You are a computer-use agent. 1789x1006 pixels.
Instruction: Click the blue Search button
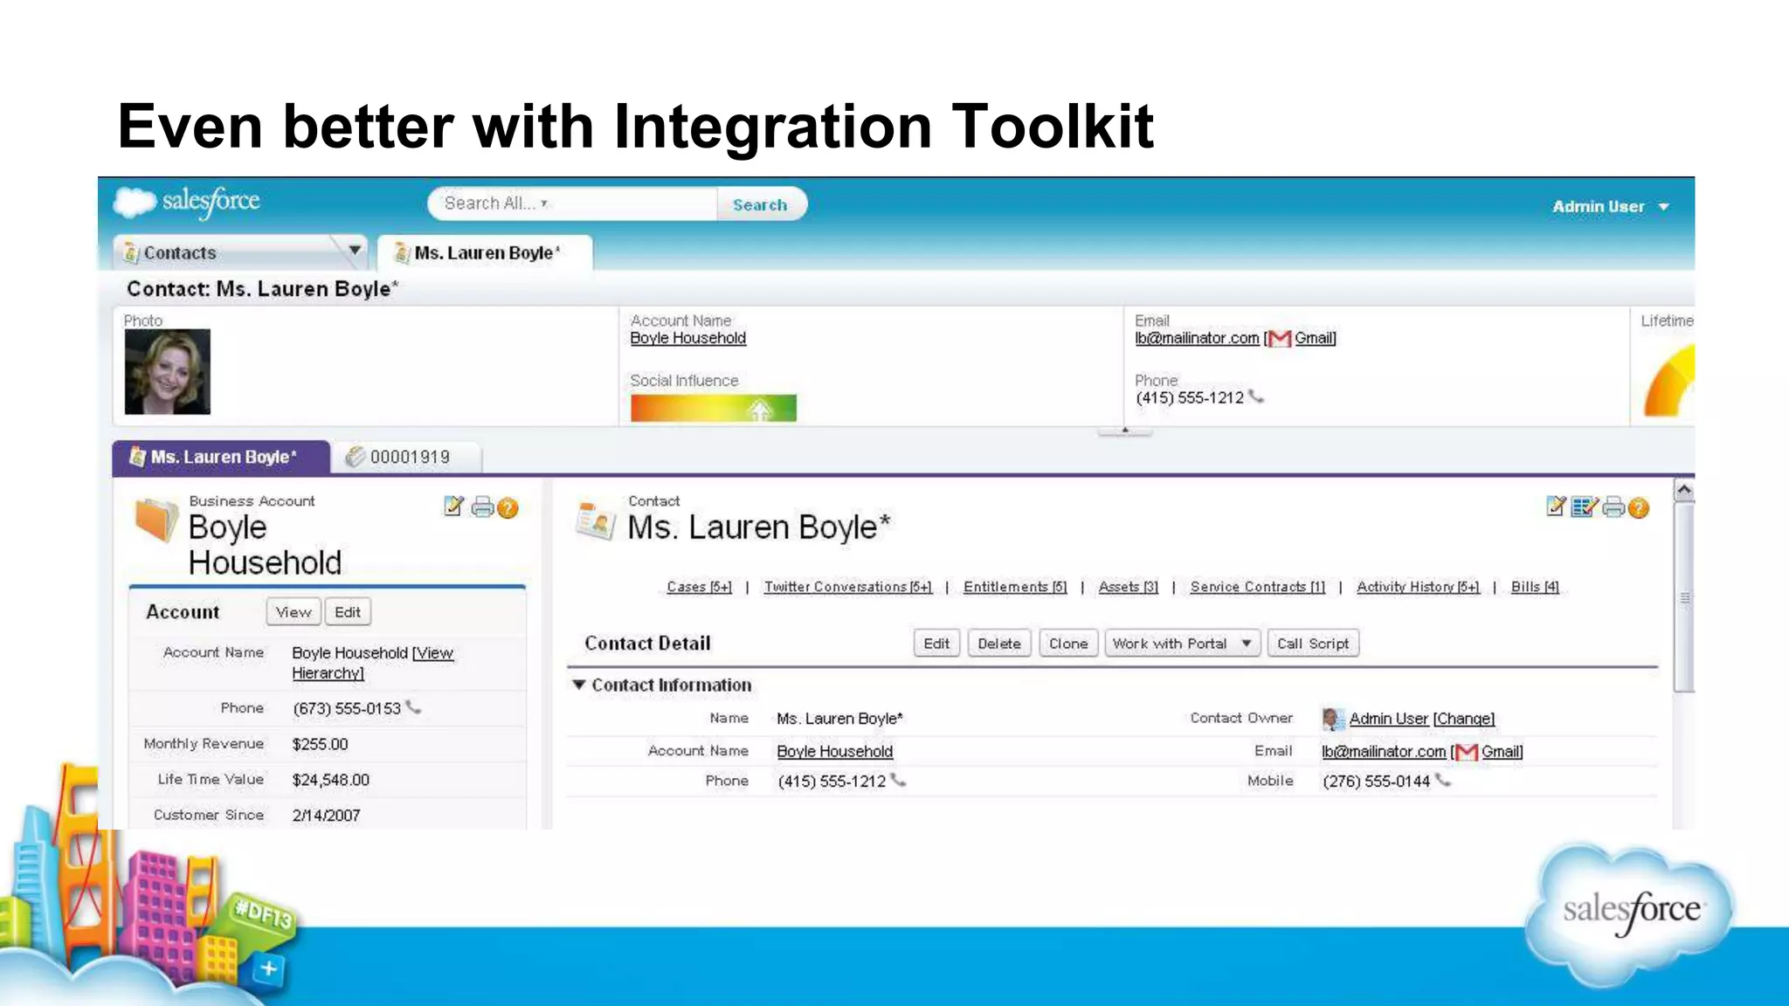(x=760, y=204)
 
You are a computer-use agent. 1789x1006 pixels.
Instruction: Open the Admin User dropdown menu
(x=1610, y=207)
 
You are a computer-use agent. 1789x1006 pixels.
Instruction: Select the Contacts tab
(x=180, y=253)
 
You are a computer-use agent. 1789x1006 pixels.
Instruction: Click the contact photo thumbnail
(x=168, y=371)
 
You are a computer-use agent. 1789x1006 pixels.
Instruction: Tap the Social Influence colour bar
(x=713, y=408)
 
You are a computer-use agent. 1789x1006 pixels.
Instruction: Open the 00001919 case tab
(x=409, y=457)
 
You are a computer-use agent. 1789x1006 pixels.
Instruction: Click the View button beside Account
(x=294, y=612)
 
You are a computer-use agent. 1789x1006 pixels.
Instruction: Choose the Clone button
(x=1068, y=644)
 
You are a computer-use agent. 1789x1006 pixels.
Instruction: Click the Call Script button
(x=1312, y=644)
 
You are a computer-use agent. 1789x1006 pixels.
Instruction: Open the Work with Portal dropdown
(x=1182, y=644)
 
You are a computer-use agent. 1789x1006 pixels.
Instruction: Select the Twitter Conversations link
(x=847, y=587)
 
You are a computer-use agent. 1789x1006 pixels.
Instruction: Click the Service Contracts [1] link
(x=1257, y=587)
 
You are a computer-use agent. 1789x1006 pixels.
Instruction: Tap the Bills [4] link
(x=1535, y=587)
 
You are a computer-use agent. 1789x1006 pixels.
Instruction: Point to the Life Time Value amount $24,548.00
(x=331, y=780)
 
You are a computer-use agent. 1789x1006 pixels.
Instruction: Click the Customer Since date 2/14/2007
(x=326, y=816)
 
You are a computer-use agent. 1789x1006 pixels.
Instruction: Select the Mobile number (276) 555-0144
(x=1376, y=782)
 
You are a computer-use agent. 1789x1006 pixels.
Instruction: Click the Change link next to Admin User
(x=1464, y=719)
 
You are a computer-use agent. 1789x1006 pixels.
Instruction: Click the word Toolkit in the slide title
(x=1053, y=127)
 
